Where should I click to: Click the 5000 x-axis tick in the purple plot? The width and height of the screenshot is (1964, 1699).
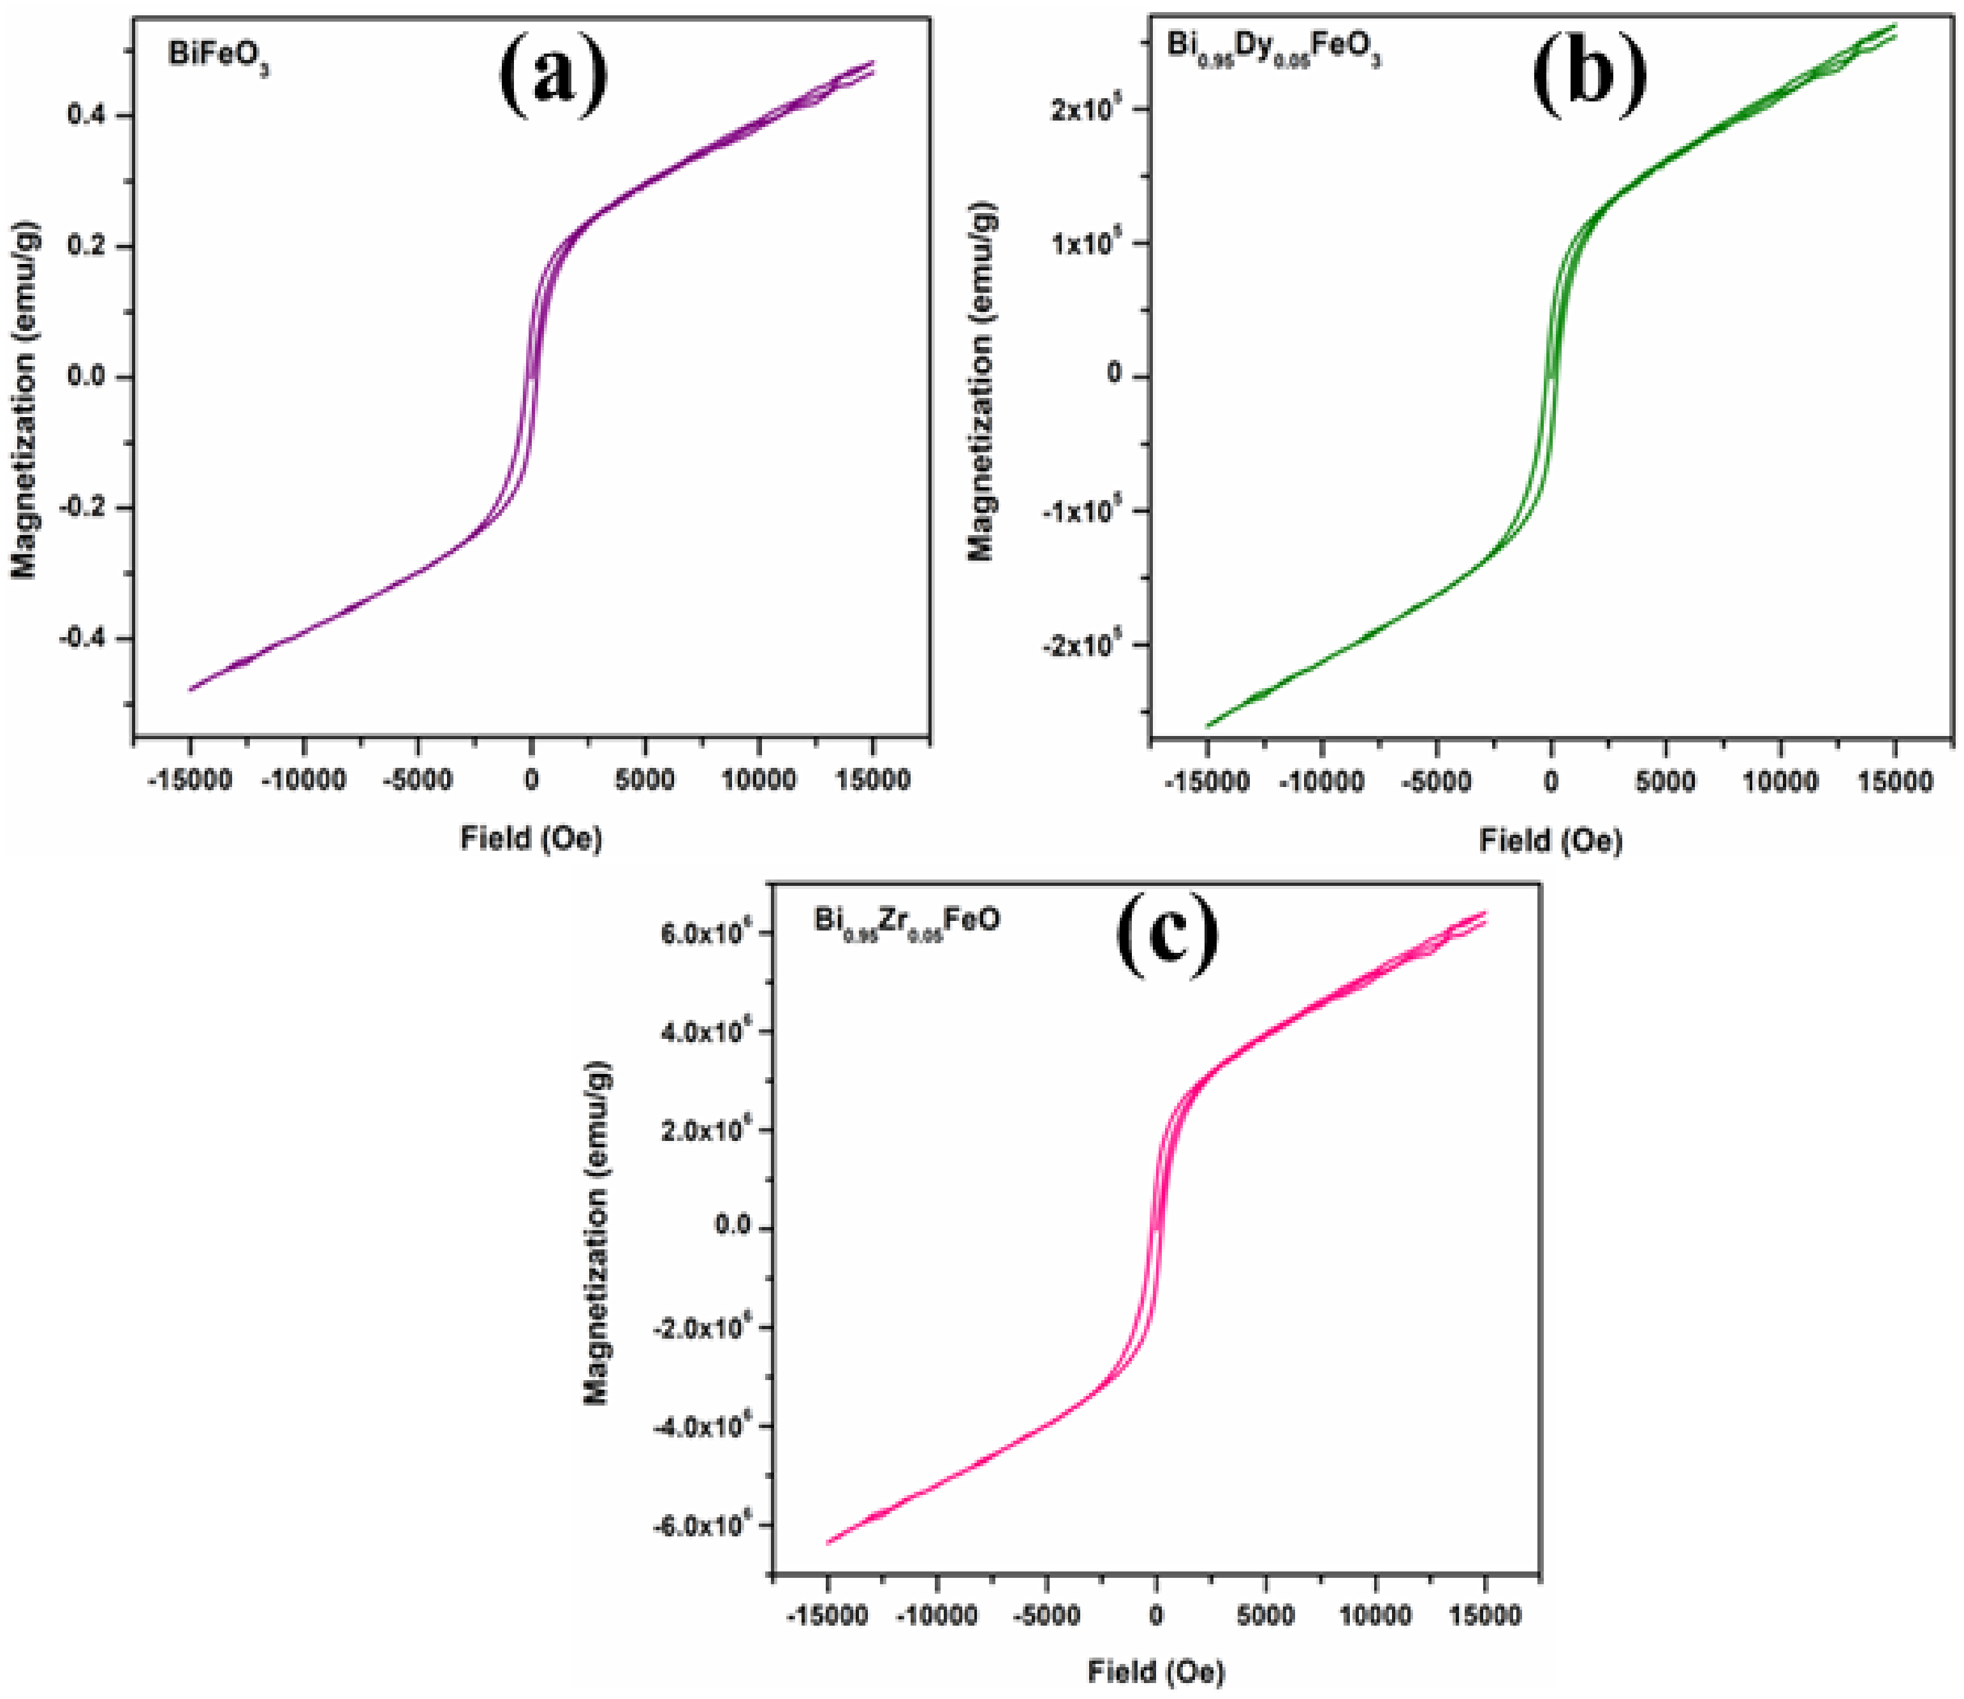pos(645,780)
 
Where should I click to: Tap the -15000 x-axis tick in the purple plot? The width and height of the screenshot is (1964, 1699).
pos(191,780)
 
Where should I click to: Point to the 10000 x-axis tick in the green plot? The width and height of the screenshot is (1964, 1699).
pos(1780,782)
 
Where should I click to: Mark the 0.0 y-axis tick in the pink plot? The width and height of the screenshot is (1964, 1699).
pos(733,1227)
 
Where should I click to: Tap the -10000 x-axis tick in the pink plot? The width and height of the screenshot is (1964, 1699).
pos(937,1615)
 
